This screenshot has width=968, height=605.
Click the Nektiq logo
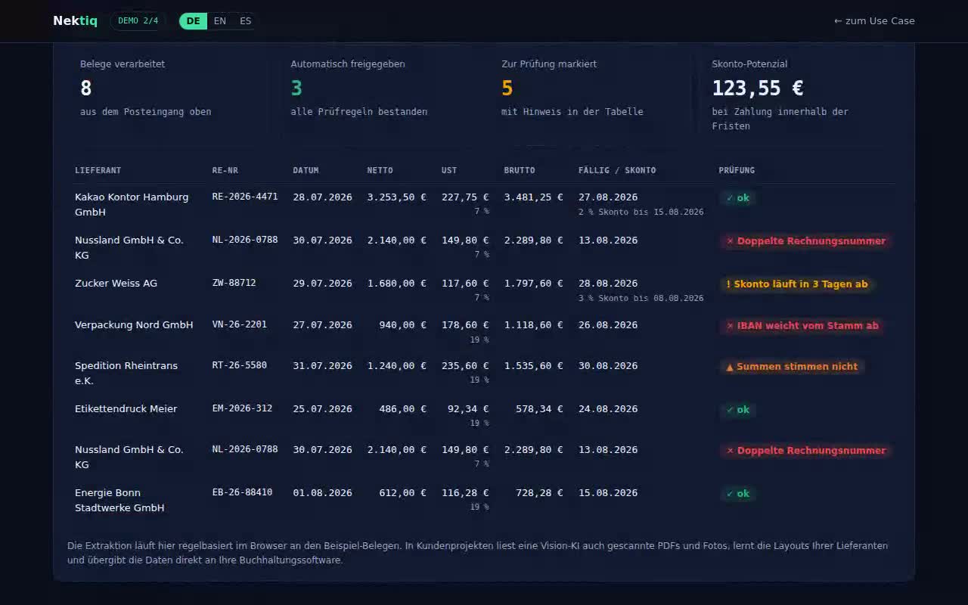pyautogui.click(x=75, y=20)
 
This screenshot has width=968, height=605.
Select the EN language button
pyautogui.click(x=219, y=20)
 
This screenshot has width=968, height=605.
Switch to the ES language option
pyautogui.click(x=245, y=20)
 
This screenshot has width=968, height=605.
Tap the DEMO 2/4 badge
pyautogui.click(x=138, y=20)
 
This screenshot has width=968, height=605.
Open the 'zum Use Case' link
pyautogui.click(x=874, y=20)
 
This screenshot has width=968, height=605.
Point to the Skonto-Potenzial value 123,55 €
pyautogui.click(x=758, y=88)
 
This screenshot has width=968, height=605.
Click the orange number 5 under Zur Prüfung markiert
pyautogui.click(x=507, y=88)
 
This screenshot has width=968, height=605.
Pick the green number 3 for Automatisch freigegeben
pyautogui.click(x=296, y=88)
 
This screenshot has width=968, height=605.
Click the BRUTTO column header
pyautogui.click(x=520, y=170)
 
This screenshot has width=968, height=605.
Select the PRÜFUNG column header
pyautogui.click(x=737, y=170)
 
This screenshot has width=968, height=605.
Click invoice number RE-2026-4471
pyautogui.click(x=244, y=197)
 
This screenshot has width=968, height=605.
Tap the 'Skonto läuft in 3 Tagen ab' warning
pyautogui.click(x=797, y=284)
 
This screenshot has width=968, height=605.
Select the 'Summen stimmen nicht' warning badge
pyautogui.click(x=792, y=367)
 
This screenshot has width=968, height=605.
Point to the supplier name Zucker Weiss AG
pyautogui.click(x=116, y=283)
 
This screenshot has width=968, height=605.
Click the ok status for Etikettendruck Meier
pyautogui.click(x=738, y=409)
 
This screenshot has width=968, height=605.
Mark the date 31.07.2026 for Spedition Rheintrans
pyautogui.click(x=322, y=365)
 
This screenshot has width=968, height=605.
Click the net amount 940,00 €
pyautogui.click(x=402, y=324)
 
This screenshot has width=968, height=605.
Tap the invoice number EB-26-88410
pyautogui.click(x=242, y=492)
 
